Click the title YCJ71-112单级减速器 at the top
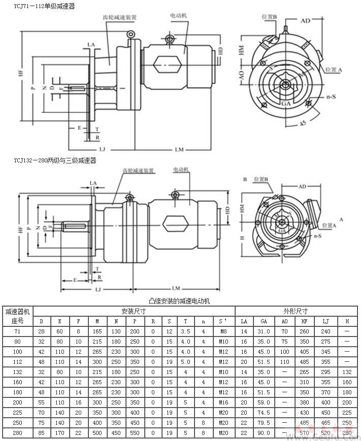click(38, 6)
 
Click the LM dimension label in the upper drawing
click(180, 149)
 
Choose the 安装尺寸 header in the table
click(134, 311)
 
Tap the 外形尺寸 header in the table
click(298, 311)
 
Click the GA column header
click(264, 321)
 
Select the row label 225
click(17, 413)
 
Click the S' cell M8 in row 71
click(223, 331)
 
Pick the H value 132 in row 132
click(347, 372)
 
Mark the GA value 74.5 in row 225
click(264, 413)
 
